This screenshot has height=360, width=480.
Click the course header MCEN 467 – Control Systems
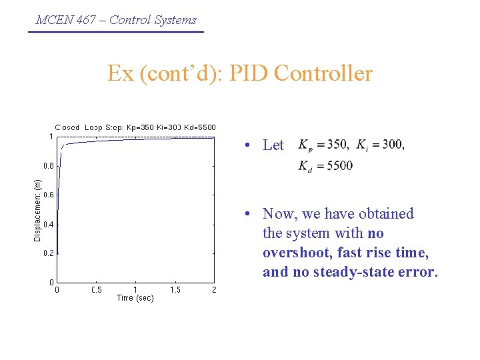click(116, 19)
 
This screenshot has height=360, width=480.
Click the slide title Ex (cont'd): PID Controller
click(240, 73)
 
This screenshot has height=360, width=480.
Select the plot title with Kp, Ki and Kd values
click(135, 127)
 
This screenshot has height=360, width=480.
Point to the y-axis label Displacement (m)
click(38, 209)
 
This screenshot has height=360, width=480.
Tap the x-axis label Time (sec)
click(135, 298)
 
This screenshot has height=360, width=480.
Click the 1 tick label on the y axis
click(51, 136)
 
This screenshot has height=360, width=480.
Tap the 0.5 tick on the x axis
click(96, 290)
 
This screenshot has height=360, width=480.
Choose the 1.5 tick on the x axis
click(175, 290)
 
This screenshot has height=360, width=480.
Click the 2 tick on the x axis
click(213, 290)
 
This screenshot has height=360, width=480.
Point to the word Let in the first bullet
click(273, 145)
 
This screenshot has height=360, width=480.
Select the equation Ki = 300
click(381, 145)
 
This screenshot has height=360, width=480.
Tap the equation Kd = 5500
click(325, 166)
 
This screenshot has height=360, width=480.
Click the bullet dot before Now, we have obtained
click(247, 214)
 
